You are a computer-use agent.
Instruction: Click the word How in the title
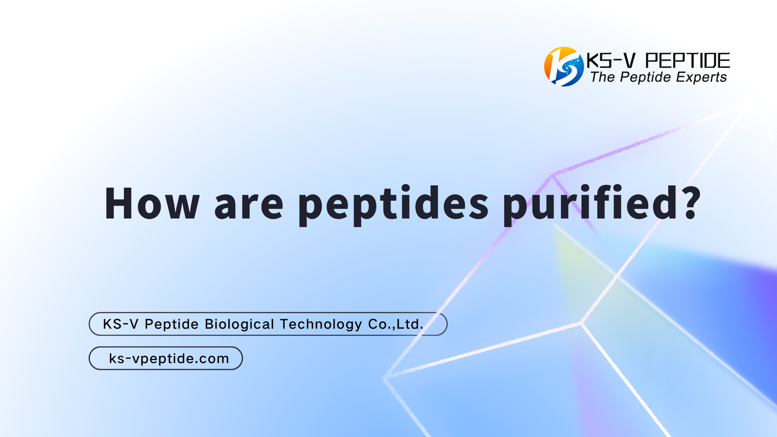(152, 203)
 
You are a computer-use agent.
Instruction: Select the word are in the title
(248, 204)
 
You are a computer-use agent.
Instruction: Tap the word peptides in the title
(393, 204)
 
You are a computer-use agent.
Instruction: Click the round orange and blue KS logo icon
(564, 67)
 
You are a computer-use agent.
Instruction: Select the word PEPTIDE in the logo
(687, 61)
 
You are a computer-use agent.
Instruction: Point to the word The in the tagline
(603, 77)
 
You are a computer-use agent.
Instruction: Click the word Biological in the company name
(240, 324)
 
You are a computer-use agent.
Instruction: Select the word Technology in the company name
(321, 325)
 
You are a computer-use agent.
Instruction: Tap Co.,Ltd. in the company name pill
(395, 324)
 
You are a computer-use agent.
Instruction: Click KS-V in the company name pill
(121, 324)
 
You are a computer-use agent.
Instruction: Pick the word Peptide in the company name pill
(172, 325)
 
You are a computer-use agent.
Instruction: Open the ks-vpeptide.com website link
(169, 359)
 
